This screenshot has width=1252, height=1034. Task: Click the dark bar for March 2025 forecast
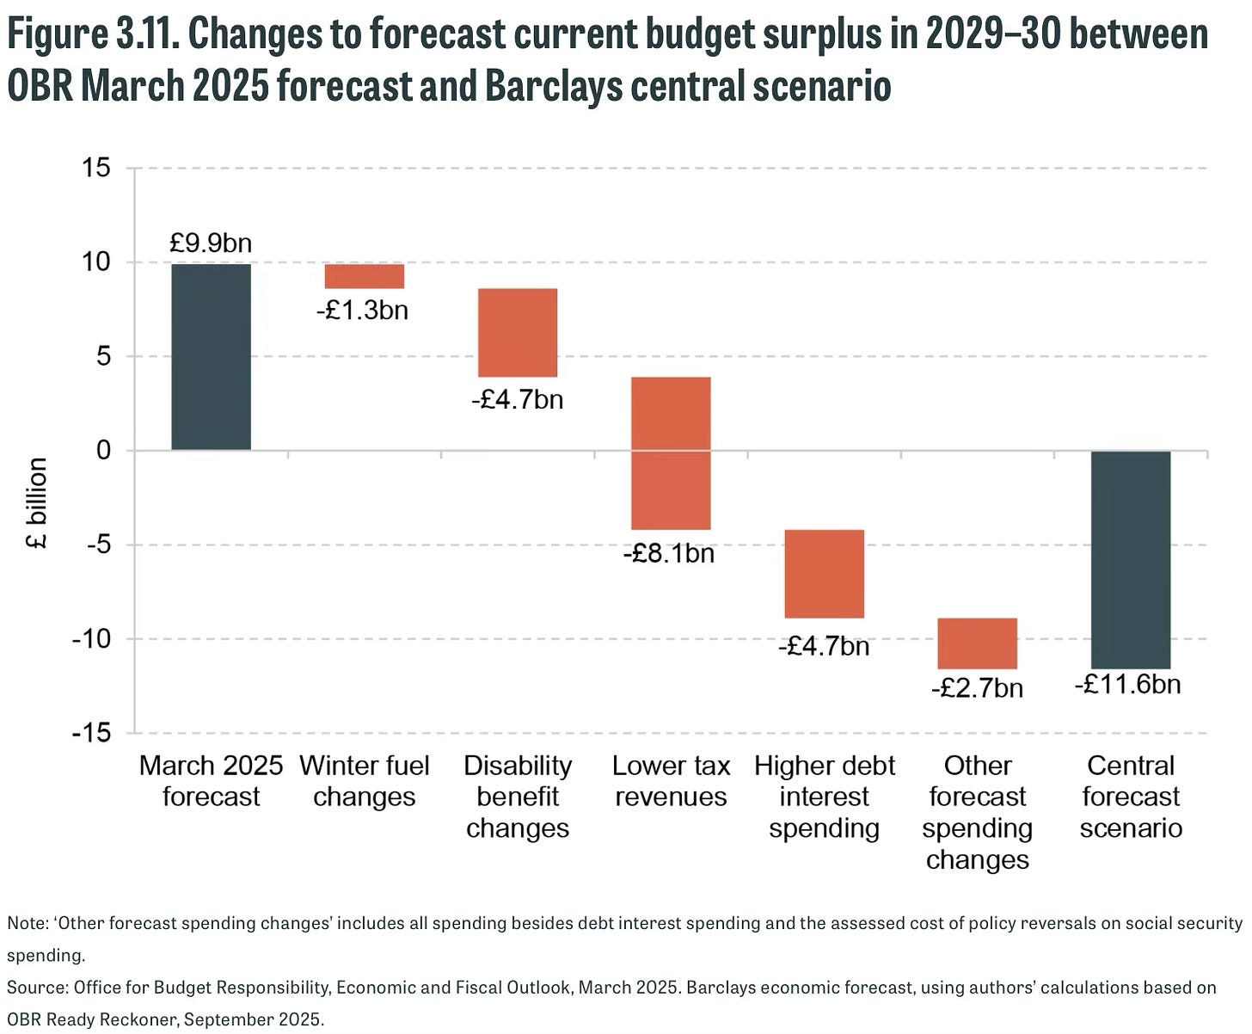211,356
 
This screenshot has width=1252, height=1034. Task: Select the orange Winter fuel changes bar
364,276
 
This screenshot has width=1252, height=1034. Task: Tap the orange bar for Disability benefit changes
518,333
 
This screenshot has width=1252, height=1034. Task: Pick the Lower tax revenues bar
671,453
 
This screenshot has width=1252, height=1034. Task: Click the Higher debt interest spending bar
824,574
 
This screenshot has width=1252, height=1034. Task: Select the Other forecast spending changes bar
977,643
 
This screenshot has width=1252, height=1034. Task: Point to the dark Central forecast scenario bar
1131,559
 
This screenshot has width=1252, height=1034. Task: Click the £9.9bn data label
211,243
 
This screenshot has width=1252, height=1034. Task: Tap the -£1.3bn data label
362,310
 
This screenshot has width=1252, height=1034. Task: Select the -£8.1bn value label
669,553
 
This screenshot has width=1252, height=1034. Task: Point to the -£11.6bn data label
1127,685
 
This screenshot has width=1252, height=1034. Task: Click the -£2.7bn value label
977,688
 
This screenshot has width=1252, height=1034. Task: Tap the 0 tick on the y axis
104,450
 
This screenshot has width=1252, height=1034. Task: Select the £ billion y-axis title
36,503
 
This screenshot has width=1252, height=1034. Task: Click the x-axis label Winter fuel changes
364,781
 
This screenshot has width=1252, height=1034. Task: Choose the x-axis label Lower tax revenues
671,781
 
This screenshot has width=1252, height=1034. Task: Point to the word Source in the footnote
36,988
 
